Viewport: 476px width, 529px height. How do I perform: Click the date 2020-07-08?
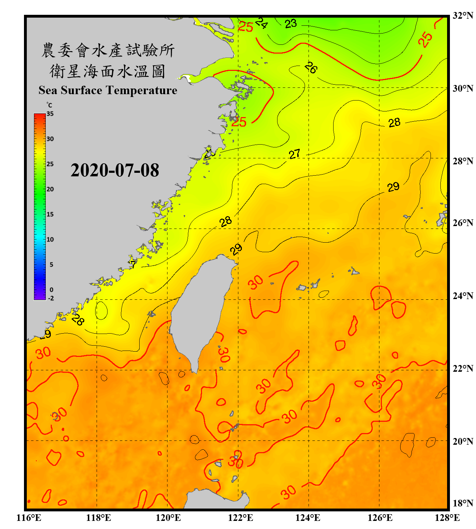[x=115, y=170]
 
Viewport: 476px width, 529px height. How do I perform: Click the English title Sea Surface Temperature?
[x=108, y=90]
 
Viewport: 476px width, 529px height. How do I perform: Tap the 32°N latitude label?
[x=463, y=16]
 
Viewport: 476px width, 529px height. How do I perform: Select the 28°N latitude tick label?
[x=463, y=161]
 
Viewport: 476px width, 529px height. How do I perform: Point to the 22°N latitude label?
[x=463, y=369]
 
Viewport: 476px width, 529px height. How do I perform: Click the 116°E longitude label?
[x=29, y=518]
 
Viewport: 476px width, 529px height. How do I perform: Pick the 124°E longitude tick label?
[x=308, y=518]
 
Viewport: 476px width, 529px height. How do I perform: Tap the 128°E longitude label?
[x=447, y=518]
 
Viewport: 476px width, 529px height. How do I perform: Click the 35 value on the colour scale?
[x=50, y=114]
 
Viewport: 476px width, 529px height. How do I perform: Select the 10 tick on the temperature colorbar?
[x=50, y=239]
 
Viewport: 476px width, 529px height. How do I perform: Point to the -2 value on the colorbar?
[x=51, y=298]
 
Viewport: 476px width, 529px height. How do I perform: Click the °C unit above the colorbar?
[x=49, y=105]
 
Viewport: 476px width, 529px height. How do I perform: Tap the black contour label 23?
[x=291, y=24]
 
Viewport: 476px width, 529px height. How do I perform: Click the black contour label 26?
[x=311, y=67]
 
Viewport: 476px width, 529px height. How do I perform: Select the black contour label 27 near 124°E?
[x=294, y=154]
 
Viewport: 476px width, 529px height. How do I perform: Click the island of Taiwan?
[x=199, y=310]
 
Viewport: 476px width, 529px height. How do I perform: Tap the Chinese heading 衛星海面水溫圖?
[x=108, y=71]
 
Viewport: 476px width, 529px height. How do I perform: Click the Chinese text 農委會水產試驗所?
[x=108, y=50]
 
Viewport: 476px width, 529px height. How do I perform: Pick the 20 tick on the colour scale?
[x=50, y=189]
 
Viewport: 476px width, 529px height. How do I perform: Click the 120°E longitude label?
[x=168, y=518]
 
